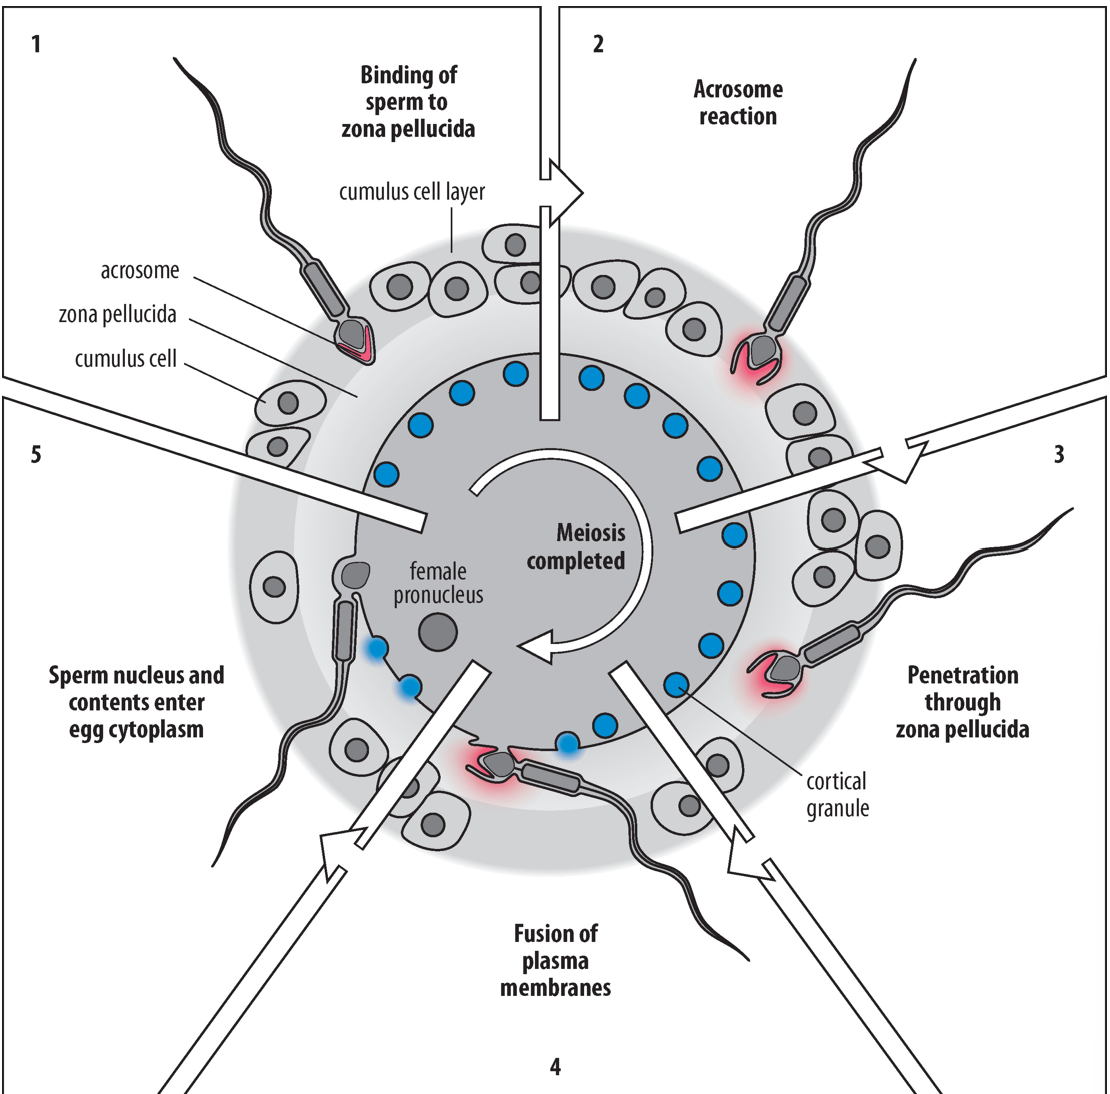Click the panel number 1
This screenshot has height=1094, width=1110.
click(37, 44)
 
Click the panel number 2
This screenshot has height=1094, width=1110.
click(598, 44)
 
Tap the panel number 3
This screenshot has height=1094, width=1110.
click(1059, 455)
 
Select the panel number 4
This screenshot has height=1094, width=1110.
click(555, 1066)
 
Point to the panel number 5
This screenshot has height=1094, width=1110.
click(37, 455)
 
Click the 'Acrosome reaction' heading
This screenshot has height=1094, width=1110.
click(738, 102)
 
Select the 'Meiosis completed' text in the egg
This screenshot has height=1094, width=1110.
click(575, 547)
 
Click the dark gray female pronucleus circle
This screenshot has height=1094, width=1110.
click(437, 632)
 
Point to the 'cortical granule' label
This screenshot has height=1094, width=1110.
click(837, 794)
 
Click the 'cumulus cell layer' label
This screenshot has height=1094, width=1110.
click(412, 192)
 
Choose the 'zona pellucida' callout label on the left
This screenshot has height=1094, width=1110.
click(117, 314)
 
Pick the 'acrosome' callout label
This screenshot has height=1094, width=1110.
click(139, 271)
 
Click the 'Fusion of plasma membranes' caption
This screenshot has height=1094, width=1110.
click(556, 961)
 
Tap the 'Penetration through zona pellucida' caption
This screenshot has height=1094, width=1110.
click(962, 702)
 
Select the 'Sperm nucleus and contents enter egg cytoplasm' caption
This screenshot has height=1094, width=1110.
click(136, 702)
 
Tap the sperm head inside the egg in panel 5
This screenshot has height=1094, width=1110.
click(356, 574)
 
